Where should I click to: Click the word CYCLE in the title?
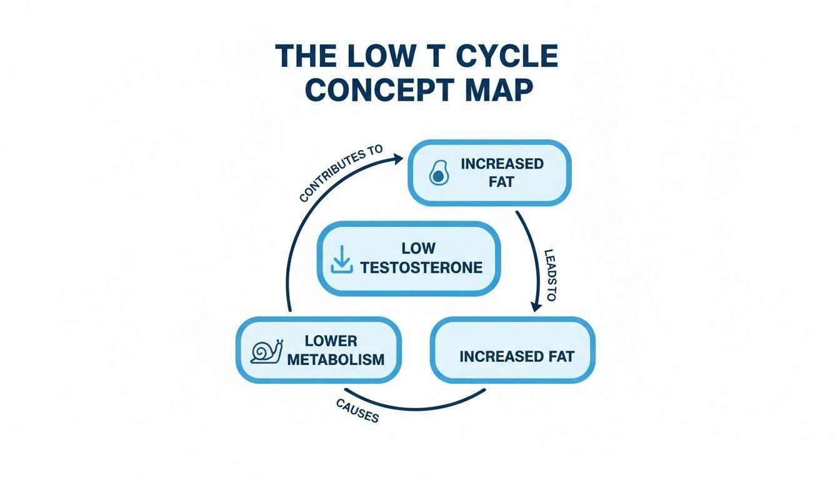click(x=507, y=56)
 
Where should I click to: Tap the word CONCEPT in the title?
click(x=378, y=90)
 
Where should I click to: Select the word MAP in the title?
click(x=499, y=90)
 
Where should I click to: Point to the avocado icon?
click(x=438, y=173)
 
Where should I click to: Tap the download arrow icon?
click(x=342, y=259)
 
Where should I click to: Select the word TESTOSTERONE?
click(x=421, y=267)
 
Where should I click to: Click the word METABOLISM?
click(x=336, y=359)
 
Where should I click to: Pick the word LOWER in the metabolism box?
click(x=331, y=341)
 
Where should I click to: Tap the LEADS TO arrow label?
click(x=549, y=275)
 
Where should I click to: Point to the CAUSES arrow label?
click(x=357, y=411)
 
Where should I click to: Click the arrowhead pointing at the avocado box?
click(x=397, y=158)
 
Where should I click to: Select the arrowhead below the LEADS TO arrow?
click(x=537, y=306)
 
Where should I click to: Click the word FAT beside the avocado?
click(x=501, y=182)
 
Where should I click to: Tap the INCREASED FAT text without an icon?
click(x=517, y=357)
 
